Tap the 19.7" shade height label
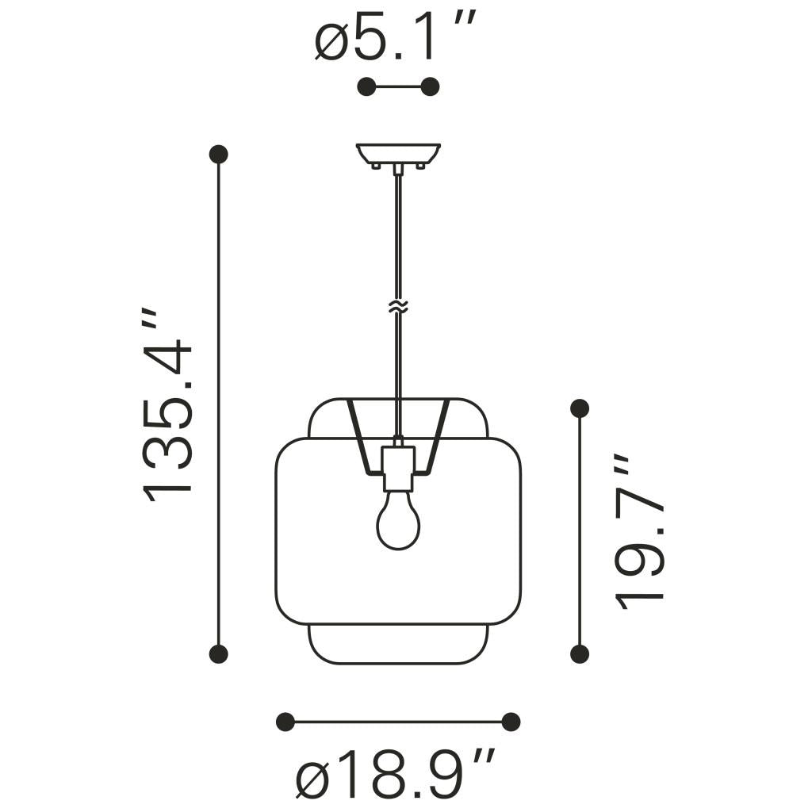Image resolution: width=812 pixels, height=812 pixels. pyautogui.click(x=639, y=532)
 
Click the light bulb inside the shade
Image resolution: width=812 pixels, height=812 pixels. pyautogui.click(x=398, y=519)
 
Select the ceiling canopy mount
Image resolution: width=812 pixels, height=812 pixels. pyautogui.click(x=398, y=154)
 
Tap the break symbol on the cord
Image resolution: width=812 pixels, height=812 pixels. pyautogui.click(x=398, y=307)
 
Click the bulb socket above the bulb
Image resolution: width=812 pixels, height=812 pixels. pyautogui.click(x=398, y=468)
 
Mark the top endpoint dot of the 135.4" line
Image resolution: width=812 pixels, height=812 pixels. pyautogui.click(x=218, y=155)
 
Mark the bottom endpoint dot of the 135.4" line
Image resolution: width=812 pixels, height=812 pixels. pyautogui.click(x=218, y=653)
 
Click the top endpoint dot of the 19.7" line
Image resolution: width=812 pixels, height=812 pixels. pyautogui.click(x=580, y=408)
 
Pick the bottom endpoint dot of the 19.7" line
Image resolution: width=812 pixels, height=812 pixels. pyautogui.click(x=580, y=653)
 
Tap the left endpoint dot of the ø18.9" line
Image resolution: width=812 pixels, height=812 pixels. pyautogui.click(x=285, y=722)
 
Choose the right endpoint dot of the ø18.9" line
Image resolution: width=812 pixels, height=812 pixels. pyautogui.click(x=511, y=722)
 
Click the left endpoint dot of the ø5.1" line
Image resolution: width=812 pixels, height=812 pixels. pyautogui.click(x=366, y=87)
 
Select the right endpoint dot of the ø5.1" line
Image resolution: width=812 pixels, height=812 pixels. pyautogui.click(x=431, y=87)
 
